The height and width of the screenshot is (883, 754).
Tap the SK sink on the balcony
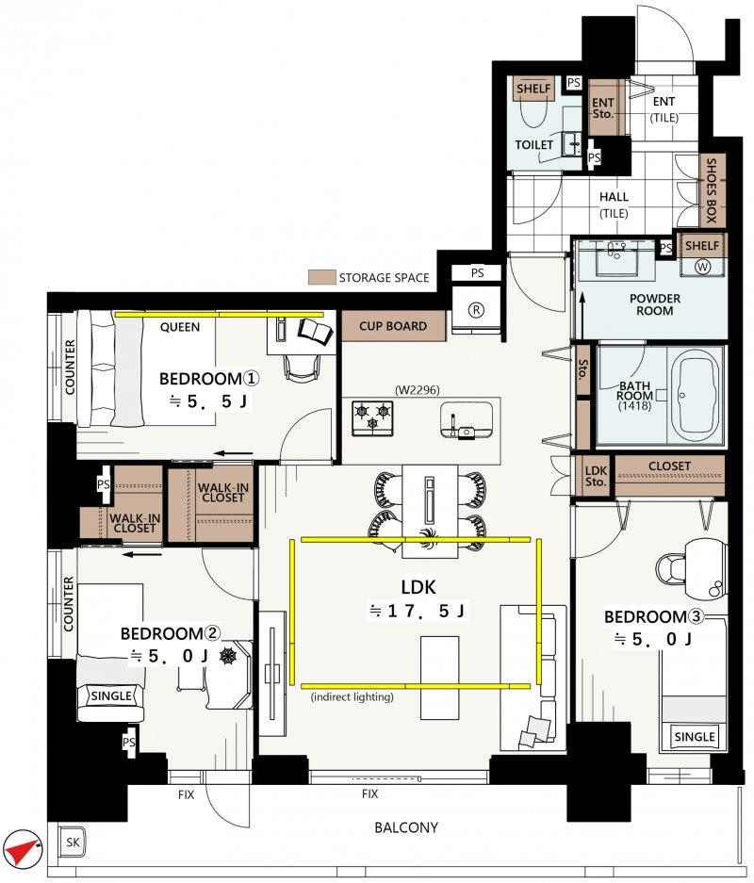pos(73,842)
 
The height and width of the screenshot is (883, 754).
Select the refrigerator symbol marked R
pos(476,310)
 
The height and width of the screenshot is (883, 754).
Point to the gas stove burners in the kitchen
pos(372,417)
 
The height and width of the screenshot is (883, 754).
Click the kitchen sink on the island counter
pos(467,419)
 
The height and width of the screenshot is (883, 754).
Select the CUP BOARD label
pos(393,326)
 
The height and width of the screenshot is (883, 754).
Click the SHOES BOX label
pos(712,190)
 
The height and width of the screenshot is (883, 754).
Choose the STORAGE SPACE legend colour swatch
pos(321,277)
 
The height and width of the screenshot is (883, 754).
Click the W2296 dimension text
pos(418,390)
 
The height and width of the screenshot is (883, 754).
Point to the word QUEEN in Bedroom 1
pos(180,327)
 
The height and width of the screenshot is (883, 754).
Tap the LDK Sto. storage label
pos(596,476)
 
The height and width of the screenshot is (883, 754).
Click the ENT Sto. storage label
pos(602,108)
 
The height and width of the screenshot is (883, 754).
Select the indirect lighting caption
pos(352,697)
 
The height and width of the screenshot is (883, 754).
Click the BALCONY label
pos(406,827)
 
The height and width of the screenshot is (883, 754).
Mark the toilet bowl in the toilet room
pos(533,111)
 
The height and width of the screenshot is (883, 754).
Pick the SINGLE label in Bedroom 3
pos(695,737)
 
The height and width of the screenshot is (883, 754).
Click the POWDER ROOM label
pos(655,304)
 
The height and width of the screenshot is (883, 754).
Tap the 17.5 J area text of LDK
pos(418,611)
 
